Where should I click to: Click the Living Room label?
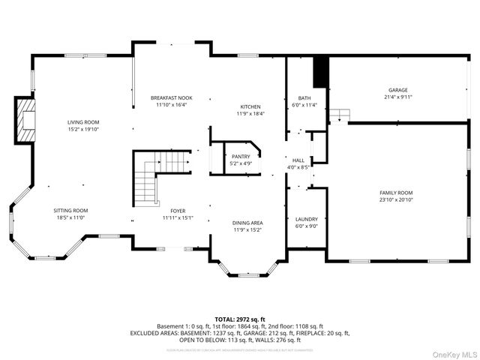[82, 122]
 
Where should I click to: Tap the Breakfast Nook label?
[171, 98]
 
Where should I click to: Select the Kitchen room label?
[250, 106]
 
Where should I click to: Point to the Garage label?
[397, 89]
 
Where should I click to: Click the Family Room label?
[395, 193]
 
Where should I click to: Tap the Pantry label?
[241, 156]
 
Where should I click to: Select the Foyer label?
[178, 211]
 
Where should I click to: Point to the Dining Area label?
[247, 223]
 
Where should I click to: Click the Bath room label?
[304, 98]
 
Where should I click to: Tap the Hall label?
[298, 160]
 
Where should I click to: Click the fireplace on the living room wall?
[26, 121]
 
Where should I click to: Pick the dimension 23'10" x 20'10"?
[395, 199]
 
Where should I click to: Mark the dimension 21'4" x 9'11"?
[397, 96]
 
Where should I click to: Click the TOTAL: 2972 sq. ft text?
[239, 319]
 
